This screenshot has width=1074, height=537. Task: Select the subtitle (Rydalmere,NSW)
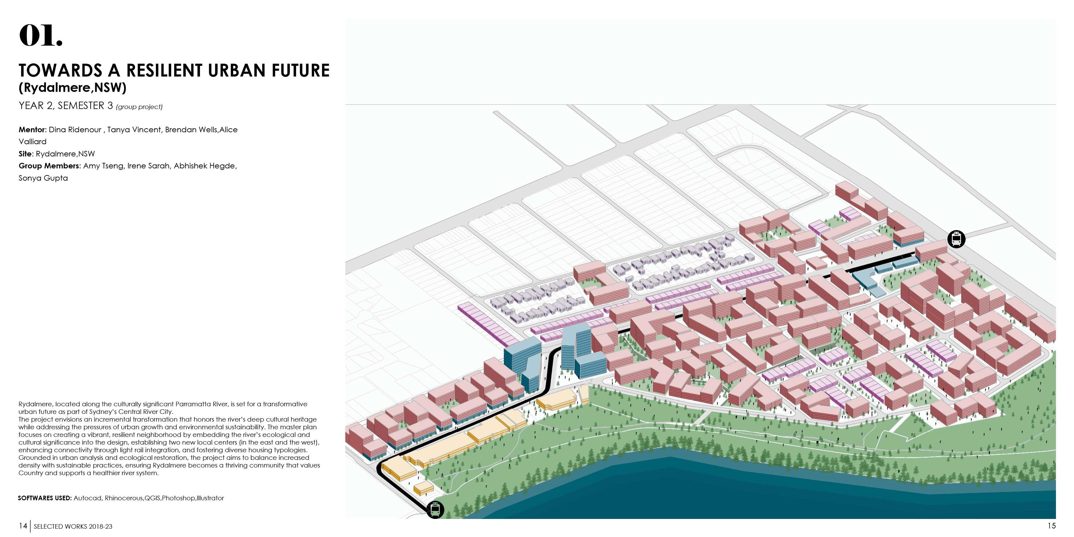73,88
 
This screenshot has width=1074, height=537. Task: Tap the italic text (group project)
139,107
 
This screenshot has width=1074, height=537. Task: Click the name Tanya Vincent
134,130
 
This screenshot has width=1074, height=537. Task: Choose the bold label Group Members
49,166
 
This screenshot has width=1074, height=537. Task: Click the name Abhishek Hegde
205,166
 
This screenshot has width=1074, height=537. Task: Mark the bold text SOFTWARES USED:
45,498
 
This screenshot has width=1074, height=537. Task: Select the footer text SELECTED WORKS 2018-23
73,527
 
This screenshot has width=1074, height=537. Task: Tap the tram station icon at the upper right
956,239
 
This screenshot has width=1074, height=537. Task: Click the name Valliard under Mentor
32,142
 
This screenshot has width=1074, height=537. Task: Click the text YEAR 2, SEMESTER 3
66,106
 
